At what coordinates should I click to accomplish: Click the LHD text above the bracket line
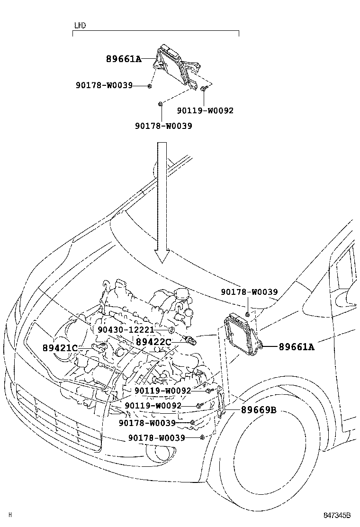pyautogui.click(x=80, y=26)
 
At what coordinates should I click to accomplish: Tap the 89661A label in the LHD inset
pyautogui.click(x=124, y=59)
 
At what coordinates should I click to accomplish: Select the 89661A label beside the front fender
pyautogui.click(x=296, y=347)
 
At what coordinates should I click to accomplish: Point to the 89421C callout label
pyautogui.click(x=60, y=348)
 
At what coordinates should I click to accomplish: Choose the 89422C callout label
pyautogui.click(x=153, y=342)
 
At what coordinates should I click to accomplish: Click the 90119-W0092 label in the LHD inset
pyautogui.click(x=205, y=110)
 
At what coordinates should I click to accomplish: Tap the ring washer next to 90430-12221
pyautogui.click(x=172, y=330)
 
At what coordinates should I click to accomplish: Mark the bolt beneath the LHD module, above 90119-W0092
pyautogui.click(x=203, y=89)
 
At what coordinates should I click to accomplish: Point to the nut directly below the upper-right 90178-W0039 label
pyautogui.click(x=248, y=314)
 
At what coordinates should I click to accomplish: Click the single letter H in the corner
pyautogui.click(x=10, y=515)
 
